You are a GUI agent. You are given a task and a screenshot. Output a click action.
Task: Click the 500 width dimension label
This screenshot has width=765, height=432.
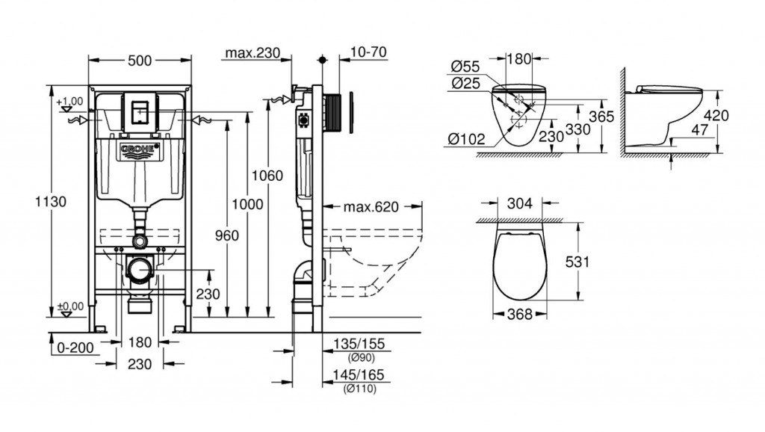point(140,61)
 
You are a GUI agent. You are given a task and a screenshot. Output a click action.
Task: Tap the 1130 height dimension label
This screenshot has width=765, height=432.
point(51,201)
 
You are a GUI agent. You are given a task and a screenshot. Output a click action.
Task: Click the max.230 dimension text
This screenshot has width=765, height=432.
point(253,53)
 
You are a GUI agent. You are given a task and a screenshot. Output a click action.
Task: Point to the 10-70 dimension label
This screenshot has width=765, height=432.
point(368,52)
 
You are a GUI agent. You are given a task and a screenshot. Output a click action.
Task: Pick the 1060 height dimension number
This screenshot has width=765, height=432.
point(267,175)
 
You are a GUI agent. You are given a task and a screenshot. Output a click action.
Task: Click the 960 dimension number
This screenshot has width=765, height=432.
point(227,235)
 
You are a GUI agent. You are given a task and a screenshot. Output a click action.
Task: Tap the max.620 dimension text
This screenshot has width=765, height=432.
point(371,207)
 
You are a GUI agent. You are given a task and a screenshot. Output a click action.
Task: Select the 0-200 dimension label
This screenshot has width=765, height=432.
point(75,348)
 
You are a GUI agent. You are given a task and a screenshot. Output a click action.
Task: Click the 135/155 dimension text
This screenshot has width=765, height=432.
point(359,344)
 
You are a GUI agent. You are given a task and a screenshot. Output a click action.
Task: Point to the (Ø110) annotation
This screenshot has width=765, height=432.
point(359,389)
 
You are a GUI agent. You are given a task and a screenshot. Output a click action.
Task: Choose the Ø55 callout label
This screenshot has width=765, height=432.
point(465,66)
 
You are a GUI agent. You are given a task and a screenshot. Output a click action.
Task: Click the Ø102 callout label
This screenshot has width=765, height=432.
point(466,140)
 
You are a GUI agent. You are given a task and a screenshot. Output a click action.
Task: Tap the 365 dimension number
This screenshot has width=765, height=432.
point(601,117)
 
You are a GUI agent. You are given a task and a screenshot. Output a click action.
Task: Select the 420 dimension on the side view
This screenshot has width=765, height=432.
point(716,116)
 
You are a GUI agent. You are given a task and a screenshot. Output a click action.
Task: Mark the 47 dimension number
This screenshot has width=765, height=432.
point(700,130)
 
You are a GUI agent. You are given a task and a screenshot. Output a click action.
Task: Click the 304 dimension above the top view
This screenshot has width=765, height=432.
point(520,203)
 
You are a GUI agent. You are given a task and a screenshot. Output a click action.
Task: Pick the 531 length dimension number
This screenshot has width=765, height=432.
point(577,262)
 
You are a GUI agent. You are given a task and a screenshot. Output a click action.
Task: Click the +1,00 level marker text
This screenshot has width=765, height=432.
point(69,102)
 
